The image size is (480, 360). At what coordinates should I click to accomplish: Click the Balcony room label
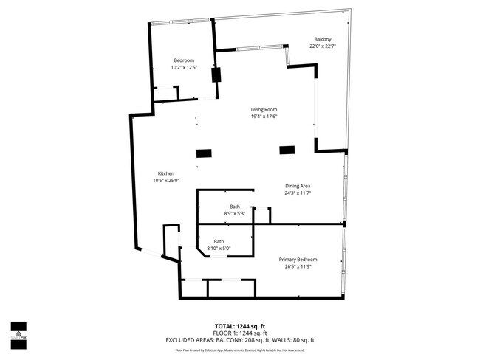tap(321, 39)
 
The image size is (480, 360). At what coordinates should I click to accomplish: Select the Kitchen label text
tap(165, 173)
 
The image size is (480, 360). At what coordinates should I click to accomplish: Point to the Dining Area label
tap(298, 186)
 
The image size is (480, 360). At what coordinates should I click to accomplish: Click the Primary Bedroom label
tap(298, 260)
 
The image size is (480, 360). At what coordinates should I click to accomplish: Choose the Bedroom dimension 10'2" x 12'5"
tap(184, 68)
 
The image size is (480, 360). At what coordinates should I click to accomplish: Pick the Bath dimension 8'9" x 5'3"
tap(234, 214)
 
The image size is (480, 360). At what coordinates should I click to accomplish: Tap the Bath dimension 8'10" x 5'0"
tap(219, 249)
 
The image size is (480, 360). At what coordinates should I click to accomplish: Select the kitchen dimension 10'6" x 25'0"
tap(165, 181)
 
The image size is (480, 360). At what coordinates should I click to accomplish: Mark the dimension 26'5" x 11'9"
tap(298, 267)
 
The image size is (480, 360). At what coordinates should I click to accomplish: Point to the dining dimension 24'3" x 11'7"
tap(298, 193)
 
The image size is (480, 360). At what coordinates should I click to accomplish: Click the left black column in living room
tap(204, 153)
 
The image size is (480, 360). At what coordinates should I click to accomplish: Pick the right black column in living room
tap(286, 150)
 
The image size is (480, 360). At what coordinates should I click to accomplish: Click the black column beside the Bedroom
tap(216, 75)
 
